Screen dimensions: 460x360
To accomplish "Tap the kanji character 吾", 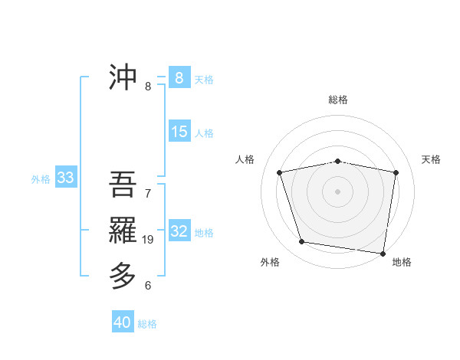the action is (x=123, y=185).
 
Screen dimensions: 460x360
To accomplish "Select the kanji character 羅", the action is (x=123, y=230).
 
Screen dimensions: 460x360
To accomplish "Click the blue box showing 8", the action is (x=179, y=77).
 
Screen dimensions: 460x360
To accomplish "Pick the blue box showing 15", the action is (x=179, y=132).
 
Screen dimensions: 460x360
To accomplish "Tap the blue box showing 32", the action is (x=179, y=231).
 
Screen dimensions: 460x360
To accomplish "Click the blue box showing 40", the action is (x=123, y=322).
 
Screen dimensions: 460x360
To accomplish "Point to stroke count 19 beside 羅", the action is (x=148, y=240).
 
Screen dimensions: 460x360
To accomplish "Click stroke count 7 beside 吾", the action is (x=148, y=194).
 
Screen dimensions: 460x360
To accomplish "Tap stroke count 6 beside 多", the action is (x=148, y=286).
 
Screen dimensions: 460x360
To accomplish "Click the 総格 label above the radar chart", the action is (x=338, y=100).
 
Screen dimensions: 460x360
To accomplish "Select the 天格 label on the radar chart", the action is (x=431, y=159).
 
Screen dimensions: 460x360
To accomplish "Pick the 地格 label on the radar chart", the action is (x=402, y=262).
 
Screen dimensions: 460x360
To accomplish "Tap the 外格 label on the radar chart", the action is (x=270, y=262).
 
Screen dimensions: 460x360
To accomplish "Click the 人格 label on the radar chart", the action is (x=245, y=159).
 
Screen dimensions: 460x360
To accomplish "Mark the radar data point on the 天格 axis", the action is (x=396, y=172).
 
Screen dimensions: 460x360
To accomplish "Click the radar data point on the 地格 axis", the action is (x=383, y=253).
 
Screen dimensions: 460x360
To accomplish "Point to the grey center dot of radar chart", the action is (x=338, y=191).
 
